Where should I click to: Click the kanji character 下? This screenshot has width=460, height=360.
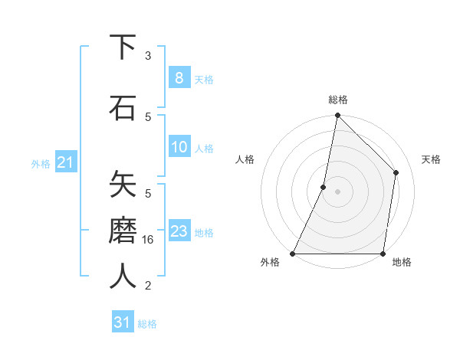(123, 47)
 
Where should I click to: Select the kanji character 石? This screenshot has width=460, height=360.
(123, 108)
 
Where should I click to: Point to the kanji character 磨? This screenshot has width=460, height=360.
(123, 230)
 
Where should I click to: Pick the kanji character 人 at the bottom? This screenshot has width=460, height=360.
(123, 276)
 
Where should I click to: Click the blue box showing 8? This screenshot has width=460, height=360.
(179, 78)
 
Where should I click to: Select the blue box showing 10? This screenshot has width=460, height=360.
(179, 148)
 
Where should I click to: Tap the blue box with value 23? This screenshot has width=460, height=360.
(179, 231)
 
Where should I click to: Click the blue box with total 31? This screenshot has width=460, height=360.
(123, 323)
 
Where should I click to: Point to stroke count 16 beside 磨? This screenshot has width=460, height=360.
(149, 239)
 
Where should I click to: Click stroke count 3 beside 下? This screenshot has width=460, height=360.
(148, 55)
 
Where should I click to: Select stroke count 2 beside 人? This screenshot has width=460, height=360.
(148, 286)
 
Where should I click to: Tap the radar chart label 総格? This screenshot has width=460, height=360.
(338, 100)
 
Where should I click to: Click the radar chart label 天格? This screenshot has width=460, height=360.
(431, 159)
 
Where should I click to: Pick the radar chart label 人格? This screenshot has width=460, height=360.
(245, 159)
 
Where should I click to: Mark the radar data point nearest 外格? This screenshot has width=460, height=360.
(293, 254)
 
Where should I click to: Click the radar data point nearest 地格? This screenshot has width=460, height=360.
(383, 254)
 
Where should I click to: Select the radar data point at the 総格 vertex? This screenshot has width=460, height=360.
(337, 115)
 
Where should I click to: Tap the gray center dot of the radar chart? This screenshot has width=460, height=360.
(337, 191)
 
